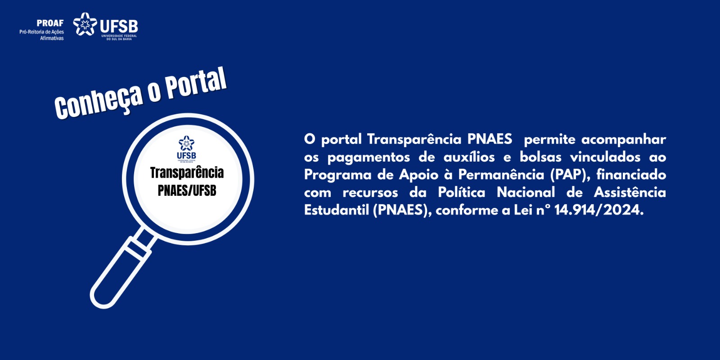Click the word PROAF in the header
point(50,23)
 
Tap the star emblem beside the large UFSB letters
point(85,24)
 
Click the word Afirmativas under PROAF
point(52,38)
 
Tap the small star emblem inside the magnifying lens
point(186,143)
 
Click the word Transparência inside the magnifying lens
point(187,173)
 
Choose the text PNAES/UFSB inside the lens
point(187,191)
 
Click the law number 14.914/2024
point(598,210)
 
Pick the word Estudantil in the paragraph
point(337,210)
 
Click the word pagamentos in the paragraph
point(369,157)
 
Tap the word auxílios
point(469,157)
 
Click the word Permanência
point(501,175)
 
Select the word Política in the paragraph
point(462,193)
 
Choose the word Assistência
point(630,193)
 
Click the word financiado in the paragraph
point(631,175)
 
